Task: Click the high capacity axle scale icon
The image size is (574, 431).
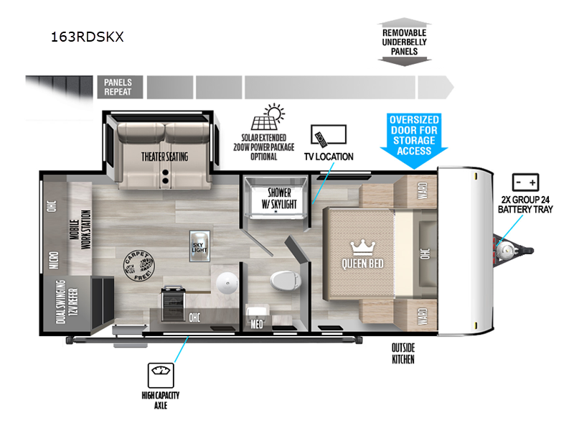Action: [x=159, y=374]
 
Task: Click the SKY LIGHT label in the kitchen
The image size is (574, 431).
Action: [x=199, y=246]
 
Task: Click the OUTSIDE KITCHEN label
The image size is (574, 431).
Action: [x=403, y=353]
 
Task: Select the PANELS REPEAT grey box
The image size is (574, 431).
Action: [x=118, y=87]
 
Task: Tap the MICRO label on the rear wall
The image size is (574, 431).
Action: [x=53, y=259]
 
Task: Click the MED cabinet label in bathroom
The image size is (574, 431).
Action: [x=256, y=324]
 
